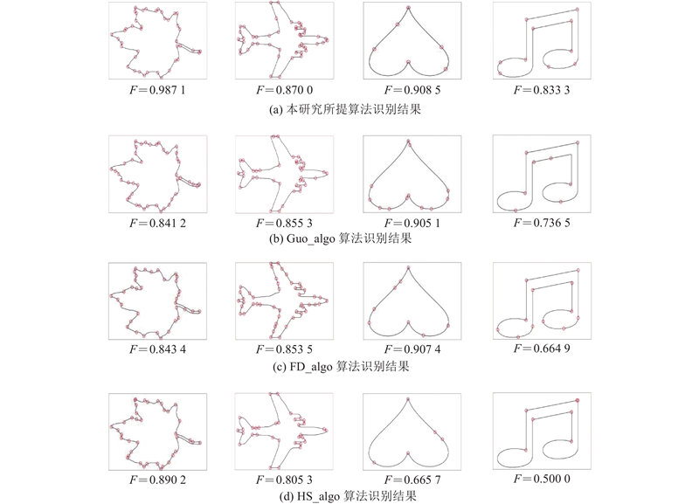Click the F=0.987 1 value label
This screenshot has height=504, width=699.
pyautogui.click(x=157, y=90)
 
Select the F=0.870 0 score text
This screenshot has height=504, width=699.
pyautogui.click(x=285, y=90)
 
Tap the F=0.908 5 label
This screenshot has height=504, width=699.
pyautogui.click(x=412, y=90)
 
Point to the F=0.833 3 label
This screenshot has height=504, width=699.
pyautogui.click(x=542, y=90)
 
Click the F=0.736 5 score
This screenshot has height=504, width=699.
pyautogui.click(x=542, y=223)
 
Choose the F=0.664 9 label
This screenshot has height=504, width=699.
pyautogui.click(x=542, y=349)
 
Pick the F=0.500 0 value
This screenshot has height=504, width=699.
pyautogui.click(x=542, y=479)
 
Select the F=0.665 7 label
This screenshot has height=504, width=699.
pyautogui.click(x=412, y=480)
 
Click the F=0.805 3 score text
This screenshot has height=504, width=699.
pyautogui.click(x=285, y=480)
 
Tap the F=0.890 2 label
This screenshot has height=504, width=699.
pyautogui.click(x=157, y=480)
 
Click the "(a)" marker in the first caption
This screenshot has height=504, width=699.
pyautogui.click(x=275, y=110)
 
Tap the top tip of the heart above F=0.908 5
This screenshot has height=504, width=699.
pyautogui.click(x=408, y=7)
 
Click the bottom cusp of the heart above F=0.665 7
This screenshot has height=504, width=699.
pyautogui.click(x=407, y=453)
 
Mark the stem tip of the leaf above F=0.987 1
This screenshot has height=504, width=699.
pyautogui.click(x=200, y=52)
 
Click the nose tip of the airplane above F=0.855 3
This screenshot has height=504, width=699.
pyautogui.click(x=328, y=173)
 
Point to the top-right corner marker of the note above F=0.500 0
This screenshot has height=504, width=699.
pyautogui.click(x=578, y=401)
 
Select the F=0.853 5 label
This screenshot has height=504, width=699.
pyautogui.click(x=285, y=349)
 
